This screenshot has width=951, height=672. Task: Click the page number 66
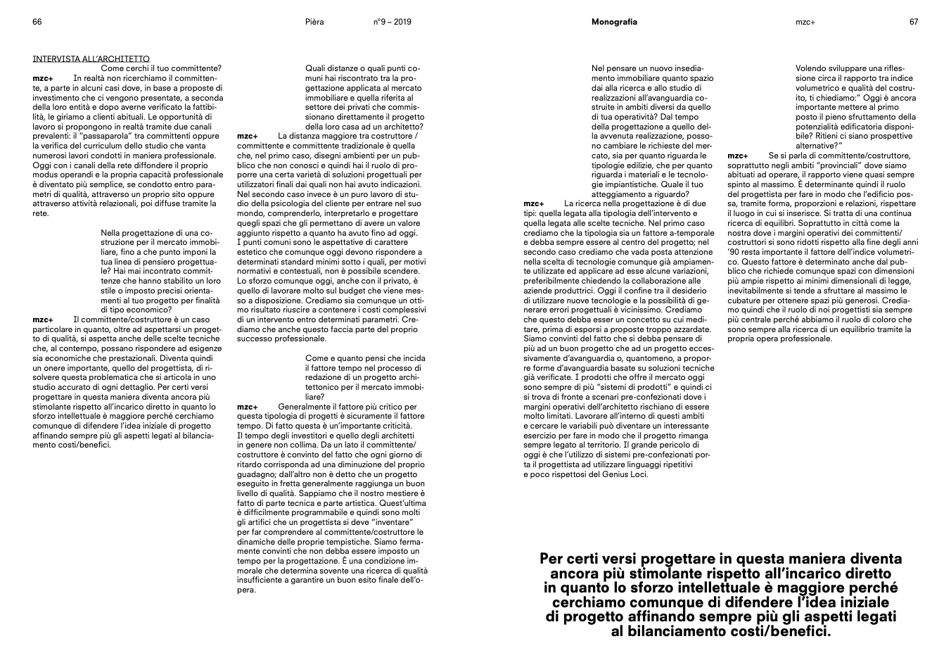(37, 22)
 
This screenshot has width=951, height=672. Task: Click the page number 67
(913, 22)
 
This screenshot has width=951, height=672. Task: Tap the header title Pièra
(314, 22)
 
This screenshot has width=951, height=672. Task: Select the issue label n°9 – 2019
(392, 22)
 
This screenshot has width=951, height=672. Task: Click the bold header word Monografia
(614, 22)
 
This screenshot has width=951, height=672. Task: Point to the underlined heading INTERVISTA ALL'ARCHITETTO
(91, 58)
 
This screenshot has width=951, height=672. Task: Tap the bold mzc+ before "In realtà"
(43, 77)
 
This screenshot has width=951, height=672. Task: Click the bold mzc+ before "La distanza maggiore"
(247, 136)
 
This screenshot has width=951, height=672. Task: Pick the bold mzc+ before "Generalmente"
(247, 407)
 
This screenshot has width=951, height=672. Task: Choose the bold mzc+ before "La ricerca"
(534, 203)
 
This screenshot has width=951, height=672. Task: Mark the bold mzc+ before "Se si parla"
(738, 155)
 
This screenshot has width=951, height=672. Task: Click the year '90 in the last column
(734, 251)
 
